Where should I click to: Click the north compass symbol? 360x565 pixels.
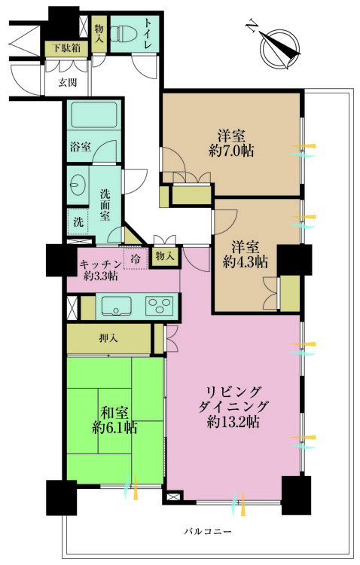tap(277, 46)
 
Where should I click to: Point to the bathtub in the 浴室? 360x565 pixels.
tap(93, 119)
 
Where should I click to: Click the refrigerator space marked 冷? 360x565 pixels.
tap(136, 258)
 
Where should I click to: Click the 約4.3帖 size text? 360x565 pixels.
tap(245, 263)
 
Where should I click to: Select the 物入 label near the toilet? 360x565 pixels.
tap(99, 31)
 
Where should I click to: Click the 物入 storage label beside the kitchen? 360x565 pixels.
tap(165, 256)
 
